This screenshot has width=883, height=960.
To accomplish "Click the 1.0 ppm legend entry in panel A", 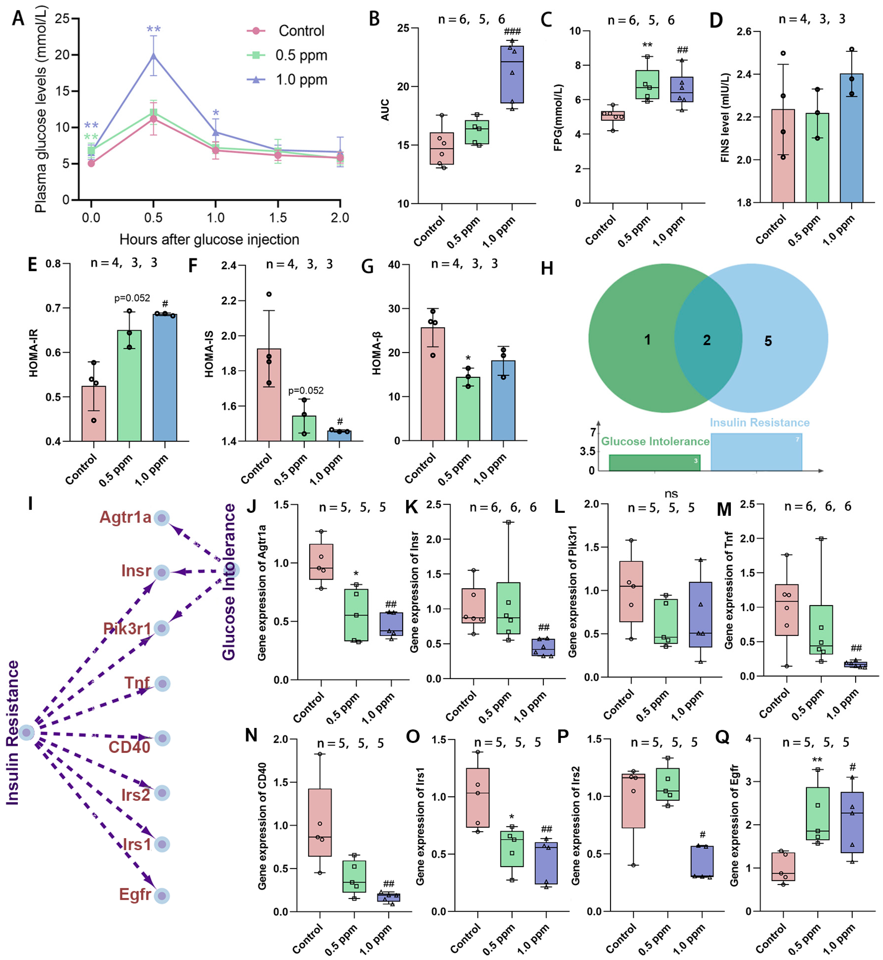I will (301, 80).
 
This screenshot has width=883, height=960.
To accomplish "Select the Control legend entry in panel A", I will (301, 31).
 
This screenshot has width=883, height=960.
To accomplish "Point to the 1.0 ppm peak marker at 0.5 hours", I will (153, 55).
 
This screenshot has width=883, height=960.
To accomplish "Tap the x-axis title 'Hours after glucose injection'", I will (209, 239).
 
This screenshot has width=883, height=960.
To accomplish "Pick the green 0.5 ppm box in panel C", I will (647, 85).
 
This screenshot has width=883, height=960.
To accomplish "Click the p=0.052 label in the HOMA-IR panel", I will (132, 298).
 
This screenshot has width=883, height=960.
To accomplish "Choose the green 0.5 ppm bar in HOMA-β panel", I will (468, 409).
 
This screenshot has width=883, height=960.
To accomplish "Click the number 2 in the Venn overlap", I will (707, 340).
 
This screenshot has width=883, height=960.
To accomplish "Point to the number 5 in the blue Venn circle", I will (768, 341).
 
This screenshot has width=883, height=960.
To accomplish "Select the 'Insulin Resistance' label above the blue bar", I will (760, 423).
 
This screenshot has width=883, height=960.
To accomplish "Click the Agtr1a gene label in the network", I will (125, 517).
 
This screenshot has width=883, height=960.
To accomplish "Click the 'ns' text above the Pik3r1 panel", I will (671, 494).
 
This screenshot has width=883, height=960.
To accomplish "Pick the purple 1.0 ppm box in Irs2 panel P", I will (702, 862).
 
